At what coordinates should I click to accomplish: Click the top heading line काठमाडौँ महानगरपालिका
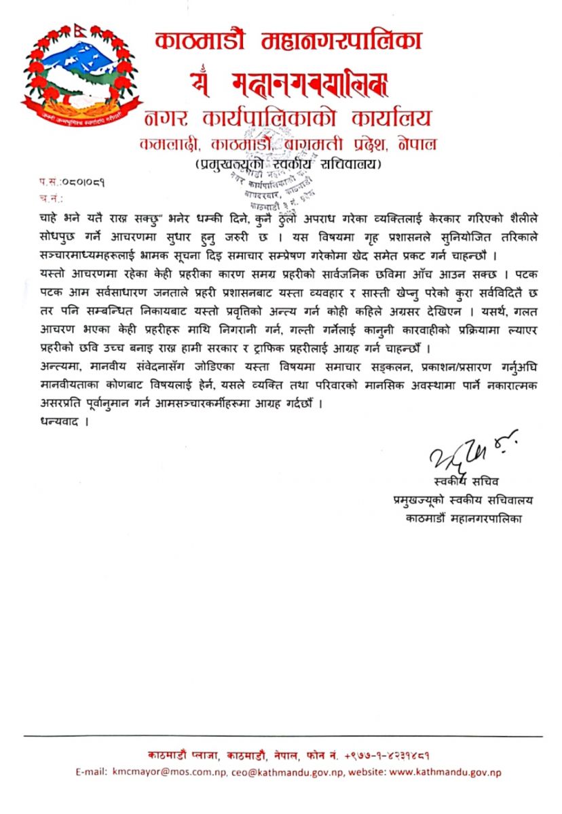coord(288,41)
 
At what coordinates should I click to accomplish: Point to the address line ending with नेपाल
coord(288,144)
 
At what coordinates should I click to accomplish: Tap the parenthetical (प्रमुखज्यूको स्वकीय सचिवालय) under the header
coord(288,163)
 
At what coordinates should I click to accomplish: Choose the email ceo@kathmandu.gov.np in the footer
coord(278,772)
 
